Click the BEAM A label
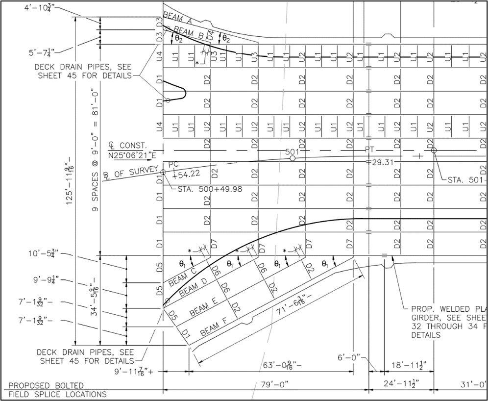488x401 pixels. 178,19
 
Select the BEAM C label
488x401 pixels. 183,278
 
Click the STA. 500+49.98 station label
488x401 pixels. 210,189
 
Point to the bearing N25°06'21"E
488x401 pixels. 132,155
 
